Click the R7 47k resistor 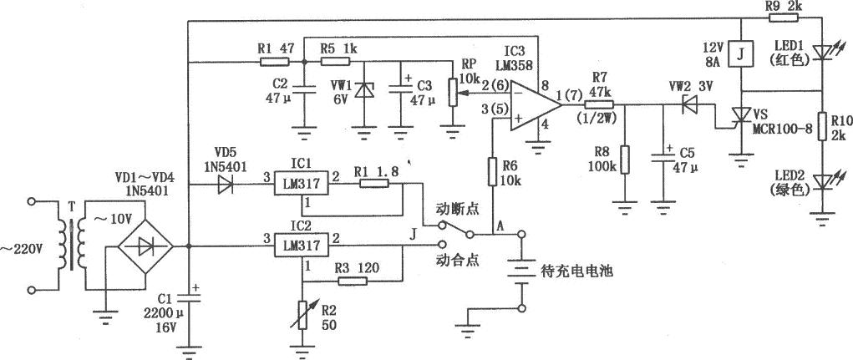(x=598, y=104)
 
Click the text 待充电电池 (x=577, y=271)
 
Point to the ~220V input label (x=17, y=247)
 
